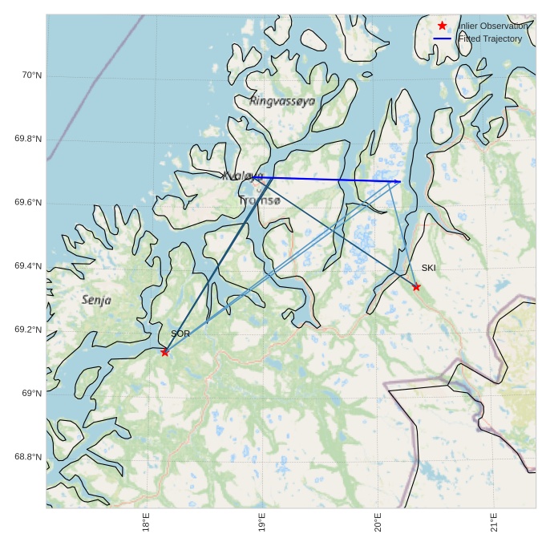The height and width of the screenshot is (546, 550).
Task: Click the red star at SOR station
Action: (164, 352)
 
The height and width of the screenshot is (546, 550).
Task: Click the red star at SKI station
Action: (416, 287)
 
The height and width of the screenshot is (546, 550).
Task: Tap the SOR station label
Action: (180, 334)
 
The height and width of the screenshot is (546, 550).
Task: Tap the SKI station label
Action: (429, 269)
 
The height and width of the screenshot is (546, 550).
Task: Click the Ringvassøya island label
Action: (282, 101)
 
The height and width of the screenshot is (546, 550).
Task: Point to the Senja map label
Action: (96, 300)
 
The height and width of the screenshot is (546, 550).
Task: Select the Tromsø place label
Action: (260, 200)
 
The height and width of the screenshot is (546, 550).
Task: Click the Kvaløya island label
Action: (242, 176)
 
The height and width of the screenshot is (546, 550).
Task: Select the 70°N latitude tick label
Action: (31, 75)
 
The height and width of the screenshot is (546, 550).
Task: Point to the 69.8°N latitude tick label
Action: (28, 140)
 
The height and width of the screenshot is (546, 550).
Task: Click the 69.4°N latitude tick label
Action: (28, 266)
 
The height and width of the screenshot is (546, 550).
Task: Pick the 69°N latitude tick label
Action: (31, 394)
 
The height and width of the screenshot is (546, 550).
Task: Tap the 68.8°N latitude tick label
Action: (28, 457)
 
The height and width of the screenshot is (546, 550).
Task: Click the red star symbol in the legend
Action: (443, 26)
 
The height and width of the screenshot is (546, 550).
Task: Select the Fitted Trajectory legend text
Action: (489, 38)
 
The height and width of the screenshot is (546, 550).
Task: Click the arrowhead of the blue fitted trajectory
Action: (398, 182)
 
